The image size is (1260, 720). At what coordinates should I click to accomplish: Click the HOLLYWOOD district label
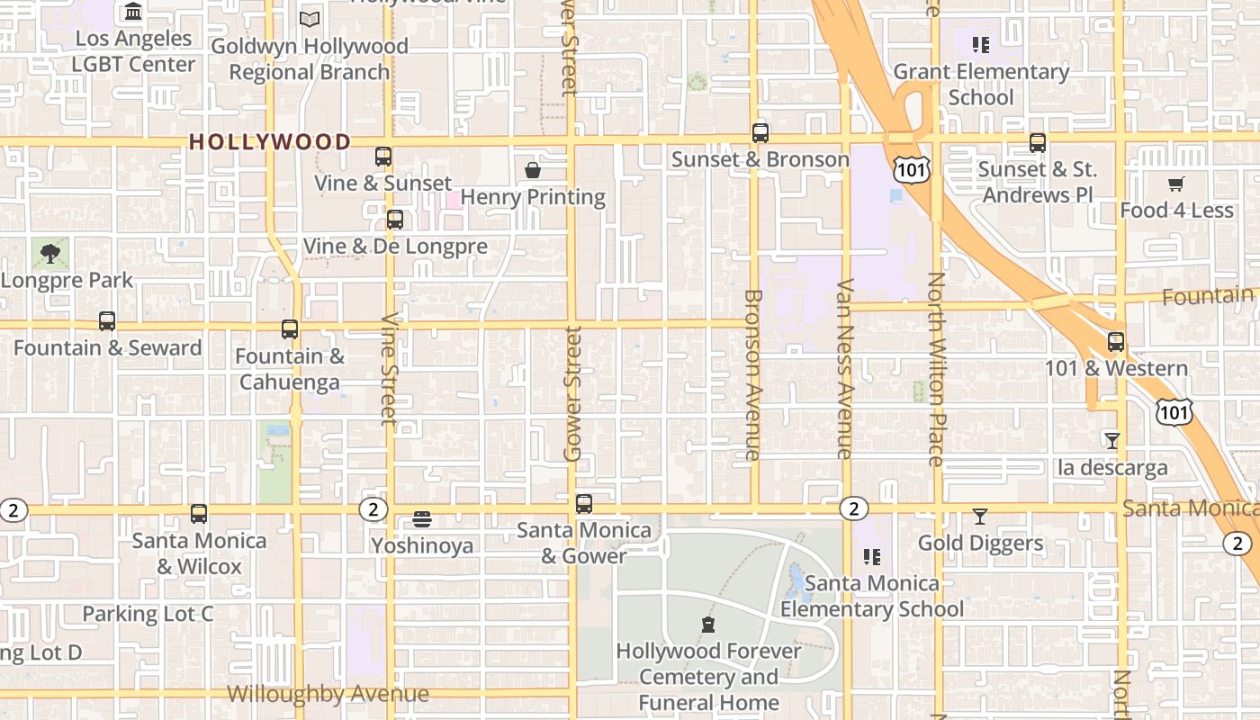point(270,142)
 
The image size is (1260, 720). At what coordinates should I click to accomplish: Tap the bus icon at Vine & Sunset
point(383,157)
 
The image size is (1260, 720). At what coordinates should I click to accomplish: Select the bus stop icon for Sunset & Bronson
point(760,133)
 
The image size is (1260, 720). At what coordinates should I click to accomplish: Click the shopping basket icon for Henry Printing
point(533,170)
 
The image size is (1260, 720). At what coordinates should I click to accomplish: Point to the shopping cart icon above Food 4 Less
point(1175,184)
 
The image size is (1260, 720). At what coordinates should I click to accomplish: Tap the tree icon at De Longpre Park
point(50,253)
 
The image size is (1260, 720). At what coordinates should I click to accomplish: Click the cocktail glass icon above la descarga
point(1112,441)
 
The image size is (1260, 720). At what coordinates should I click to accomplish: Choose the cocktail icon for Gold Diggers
point(980,517)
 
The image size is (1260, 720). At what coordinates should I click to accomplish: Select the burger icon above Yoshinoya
point(422,519)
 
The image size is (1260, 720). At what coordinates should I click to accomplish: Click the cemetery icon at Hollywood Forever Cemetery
point(708,625)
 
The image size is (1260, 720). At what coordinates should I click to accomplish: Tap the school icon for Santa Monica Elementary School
point(871,557)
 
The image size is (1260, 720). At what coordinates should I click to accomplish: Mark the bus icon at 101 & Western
point(1116,342)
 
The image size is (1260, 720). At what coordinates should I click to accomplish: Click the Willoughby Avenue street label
point(328,694)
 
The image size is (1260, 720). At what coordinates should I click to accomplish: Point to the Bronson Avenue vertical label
point(754,374)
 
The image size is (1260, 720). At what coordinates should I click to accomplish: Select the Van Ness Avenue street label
point(845,369)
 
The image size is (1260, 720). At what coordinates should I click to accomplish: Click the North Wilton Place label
point(936,369)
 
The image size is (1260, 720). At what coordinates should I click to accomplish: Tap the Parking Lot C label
point(148,615)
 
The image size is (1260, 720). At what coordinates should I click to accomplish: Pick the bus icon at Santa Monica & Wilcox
point(199,514)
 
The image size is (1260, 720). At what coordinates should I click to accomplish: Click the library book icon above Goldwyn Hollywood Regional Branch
point(310,19)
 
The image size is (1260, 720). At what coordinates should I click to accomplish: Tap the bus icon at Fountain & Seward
point(107,321)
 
